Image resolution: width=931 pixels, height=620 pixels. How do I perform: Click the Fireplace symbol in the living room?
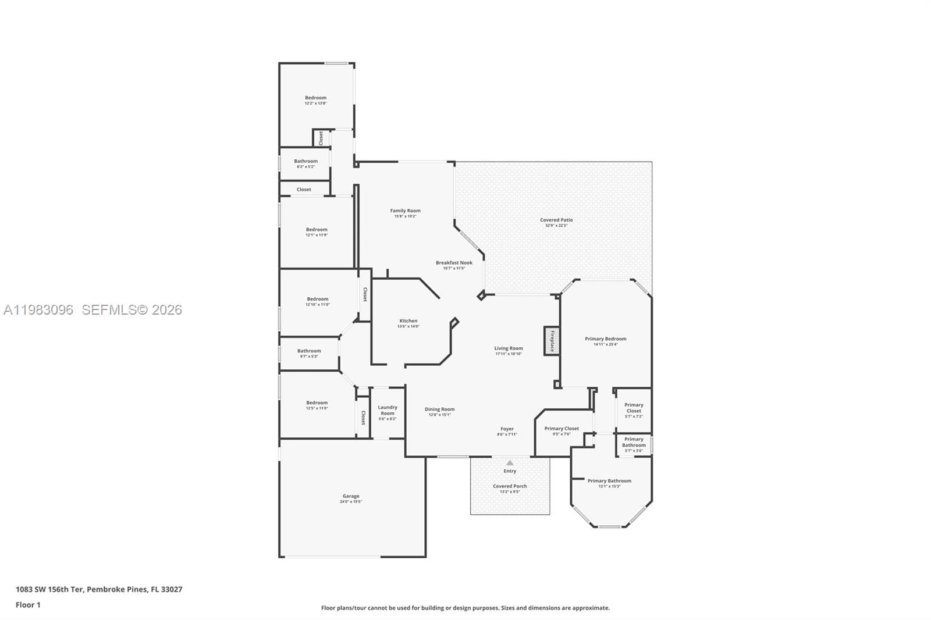[x=552, y=341]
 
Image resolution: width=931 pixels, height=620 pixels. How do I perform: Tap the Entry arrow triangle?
[x=510, y=463]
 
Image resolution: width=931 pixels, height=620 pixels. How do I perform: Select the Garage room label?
[x=351, y=496]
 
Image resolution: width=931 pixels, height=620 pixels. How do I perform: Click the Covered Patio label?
[x=556, y=220]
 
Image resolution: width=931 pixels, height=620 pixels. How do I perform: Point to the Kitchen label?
[x=408, y=321]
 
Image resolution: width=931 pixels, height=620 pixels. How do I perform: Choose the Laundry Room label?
[x=388, y=410]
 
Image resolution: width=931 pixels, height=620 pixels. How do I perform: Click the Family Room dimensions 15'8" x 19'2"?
[x=405, y=216]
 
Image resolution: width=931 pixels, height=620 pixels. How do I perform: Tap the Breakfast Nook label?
[x=454, y=263]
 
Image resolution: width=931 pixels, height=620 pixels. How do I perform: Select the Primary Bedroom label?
[x=606, y=338]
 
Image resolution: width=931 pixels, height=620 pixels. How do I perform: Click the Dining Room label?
[x=439, y=409]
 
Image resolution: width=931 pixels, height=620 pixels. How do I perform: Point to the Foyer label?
[x=507, y=429]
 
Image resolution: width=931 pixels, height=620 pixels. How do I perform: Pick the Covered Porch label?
[x=510, y=486]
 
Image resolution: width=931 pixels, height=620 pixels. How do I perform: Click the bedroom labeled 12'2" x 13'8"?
[x=315, y=100]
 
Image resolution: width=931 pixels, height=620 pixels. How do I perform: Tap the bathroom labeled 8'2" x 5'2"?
[x=305, y=163]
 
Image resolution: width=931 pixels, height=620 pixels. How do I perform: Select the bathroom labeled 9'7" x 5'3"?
[x=309, y=353]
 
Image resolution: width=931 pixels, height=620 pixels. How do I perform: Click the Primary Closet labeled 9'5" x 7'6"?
[x=562, y=431]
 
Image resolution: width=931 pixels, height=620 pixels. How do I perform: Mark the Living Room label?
[x=509, y=348]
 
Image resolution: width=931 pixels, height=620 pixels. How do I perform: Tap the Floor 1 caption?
[x=28, y=605]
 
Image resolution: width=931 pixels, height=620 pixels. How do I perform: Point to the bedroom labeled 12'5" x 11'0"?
[x=317, y=405]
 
